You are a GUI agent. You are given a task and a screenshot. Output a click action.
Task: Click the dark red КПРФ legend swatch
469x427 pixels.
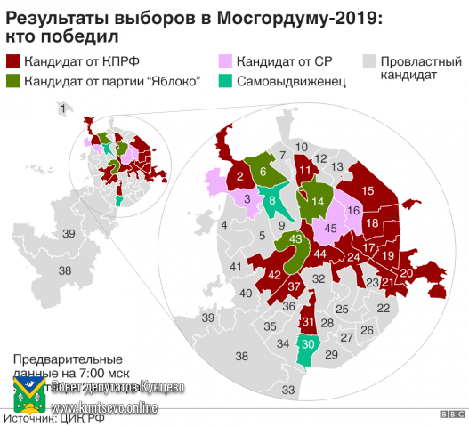click(x=14, y=63)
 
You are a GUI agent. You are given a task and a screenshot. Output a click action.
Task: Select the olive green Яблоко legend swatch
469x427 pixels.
click(x=14, y=81)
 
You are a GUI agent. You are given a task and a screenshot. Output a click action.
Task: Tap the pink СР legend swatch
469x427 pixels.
click(x=226, y=63)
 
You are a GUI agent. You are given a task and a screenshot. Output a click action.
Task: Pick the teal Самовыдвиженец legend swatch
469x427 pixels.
click(x=226, y=81)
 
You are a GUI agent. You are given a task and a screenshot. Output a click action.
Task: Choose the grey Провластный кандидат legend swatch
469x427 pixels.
click(x=368, y=63)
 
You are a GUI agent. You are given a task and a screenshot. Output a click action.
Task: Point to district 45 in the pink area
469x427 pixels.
click(x=329, y=228)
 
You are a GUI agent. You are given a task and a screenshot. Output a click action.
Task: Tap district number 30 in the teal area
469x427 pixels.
click(x=308, y=344)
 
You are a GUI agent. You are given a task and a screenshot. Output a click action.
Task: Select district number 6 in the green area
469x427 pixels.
click(x=263, y=171)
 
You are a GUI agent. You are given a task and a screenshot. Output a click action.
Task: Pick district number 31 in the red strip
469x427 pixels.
click(x=308, y=321)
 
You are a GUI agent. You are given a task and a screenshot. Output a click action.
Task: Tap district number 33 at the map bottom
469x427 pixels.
click(x=287, y=390)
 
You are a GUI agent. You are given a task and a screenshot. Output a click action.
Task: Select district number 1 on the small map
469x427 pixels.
click(x=62, y=109)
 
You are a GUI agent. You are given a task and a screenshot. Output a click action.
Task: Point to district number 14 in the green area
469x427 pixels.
click(x=317, y=202)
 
